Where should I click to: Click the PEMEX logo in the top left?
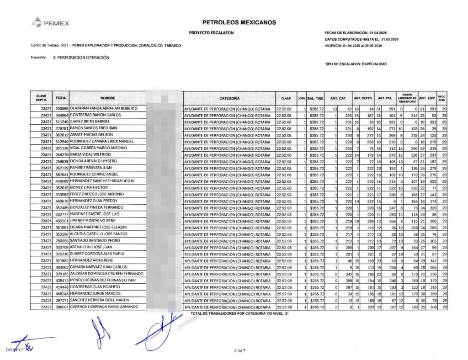coord(51,21)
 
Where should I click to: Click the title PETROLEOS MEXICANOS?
coord(239,22)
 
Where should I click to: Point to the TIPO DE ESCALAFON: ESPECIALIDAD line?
coord(355,64)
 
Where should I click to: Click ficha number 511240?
coord(62,122)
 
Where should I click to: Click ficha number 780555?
coord(62,241)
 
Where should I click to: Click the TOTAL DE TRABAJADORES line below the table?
coord(239,314)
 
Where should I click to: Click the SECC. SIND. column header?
coord(442,98)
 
